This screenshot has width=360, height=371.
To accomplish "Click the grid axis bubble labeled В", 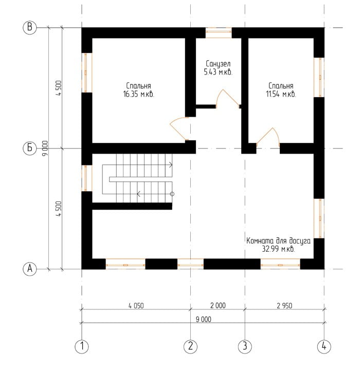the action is point(30,27).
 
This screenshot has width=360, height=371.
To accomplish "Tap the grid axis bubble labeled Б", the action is point(30,148).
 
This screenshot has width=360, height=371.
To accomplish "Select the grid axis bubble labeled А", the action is point(30,269).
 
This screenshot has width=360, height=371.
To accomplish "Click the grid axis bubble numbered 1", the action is point(82,347).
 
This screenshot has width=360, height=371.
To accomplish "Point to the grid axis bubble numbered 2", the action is point(191,347).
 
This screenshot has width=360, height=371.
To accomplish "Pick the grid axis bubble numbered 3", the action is point(245,347).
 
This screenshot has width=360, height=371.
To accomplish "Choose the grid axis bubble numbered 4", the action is point(324,347).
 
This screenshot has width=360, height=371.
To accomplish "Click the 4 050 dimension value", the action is point(136,306).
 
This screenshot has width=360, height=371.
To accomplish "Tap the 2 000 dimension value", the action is point(218,305).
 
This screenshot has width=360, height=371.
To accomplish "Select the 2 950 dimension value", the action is point(284,306).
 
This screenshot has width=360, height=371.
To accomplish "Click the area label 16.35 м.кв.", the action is point(138,95).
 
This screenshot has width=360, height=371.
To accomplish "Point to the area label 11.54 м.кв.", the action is point(281,94).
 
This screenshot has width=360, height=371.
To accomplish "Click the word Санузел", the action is point(218,64).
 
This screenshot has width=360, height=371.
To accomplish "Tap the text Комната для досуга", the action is point(278,241).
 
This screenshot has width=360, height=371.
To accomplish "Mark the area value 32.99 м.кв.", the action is point(278,249).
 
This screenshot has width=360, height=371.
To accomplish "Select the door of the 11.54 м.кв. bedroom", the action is point(268,136).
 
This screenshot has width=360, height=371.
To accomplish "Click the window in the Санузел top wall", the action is point(219,33).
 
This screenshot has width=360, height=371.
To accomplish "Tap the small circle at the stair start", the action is point(172,194).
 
